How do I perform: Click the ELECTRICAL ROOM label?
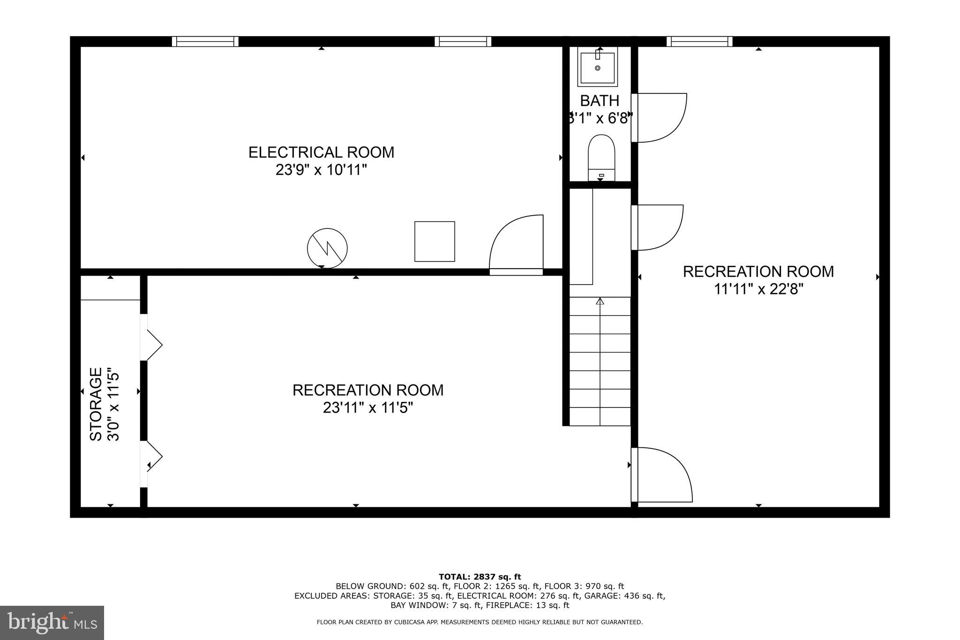point(321,152)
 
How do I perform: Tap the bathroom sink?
point(597,68)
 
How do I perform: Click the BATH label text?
point(600,101)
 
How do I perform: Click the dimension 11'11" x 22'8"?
point(758,289)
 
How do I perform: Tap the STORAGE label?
point(96,404)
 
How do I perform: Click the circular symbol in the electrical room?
point(327,248)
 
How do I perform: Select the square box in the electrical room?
point(435,241)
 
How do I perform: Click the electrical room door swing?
point(516,244)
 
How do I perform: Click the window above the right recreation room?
point(699,42)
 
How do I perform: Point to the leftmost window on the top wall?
point(205,42)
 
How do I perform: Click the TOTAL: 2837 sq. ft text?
point(480,577)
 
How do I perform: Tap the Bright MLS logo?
point(52,623)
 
